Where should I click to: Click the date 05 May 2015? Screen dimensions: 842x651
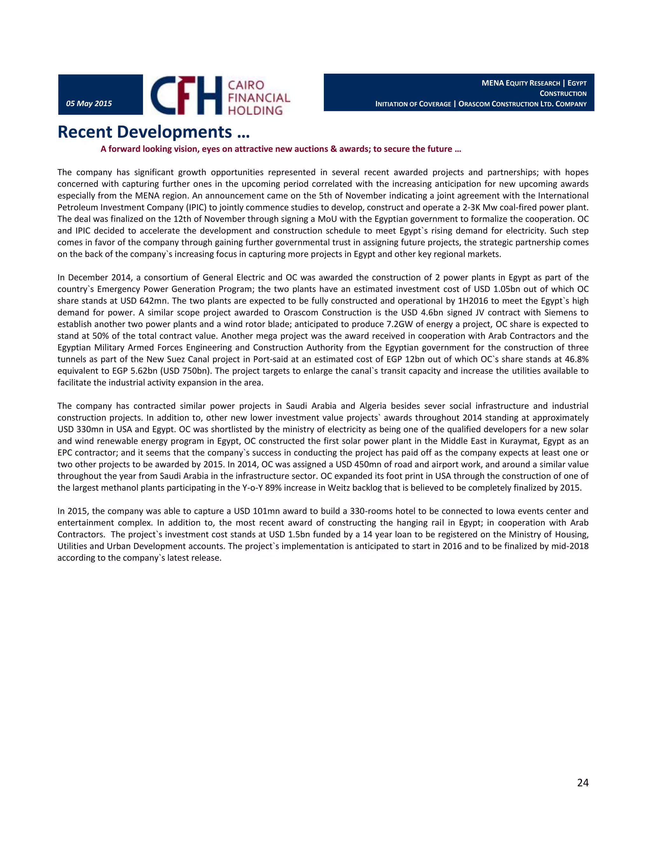[x=89, y=103]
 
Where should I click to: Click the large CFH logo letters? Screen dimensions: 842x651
[x=186, y=95]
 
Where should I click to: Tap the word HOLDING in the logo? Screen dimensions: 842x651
[x=255, y=111]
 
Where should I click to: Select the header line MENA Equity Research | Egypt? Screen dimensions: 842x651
[x=534, y=83]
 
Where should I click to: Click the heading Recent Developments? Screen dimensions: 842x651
[x=154, y=132]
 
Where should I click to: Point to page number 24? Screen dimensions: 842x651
[x=582, y=782]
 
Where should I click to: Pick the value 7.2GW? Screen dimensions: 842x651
[x=400, y=324]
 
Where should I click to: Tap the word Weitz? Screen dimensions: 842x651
[x=339, y=488]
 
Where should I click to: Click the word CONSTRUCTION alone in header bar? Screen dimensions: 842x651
[x=563, y=94]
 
